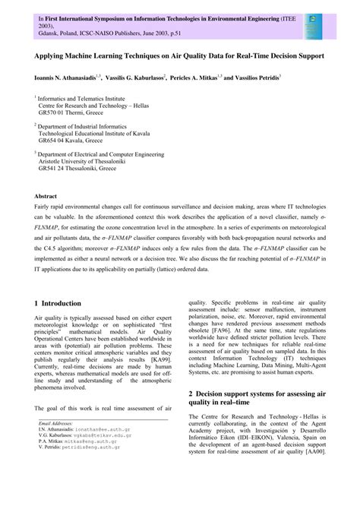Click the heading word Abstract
(x=49, y=195)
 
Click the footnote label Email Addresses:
(x=55, y=463)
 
